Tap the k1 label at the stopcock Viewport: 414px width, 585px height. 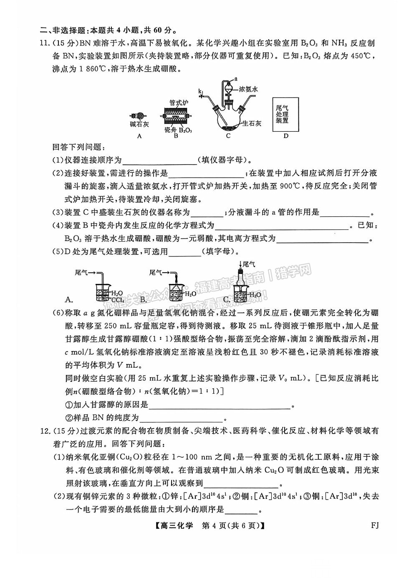tap(201, 91)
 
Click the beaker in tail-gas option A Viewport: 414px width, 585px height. tap(102, 293)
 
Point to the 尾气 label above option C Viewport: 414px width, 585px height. tap(249, 264)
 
